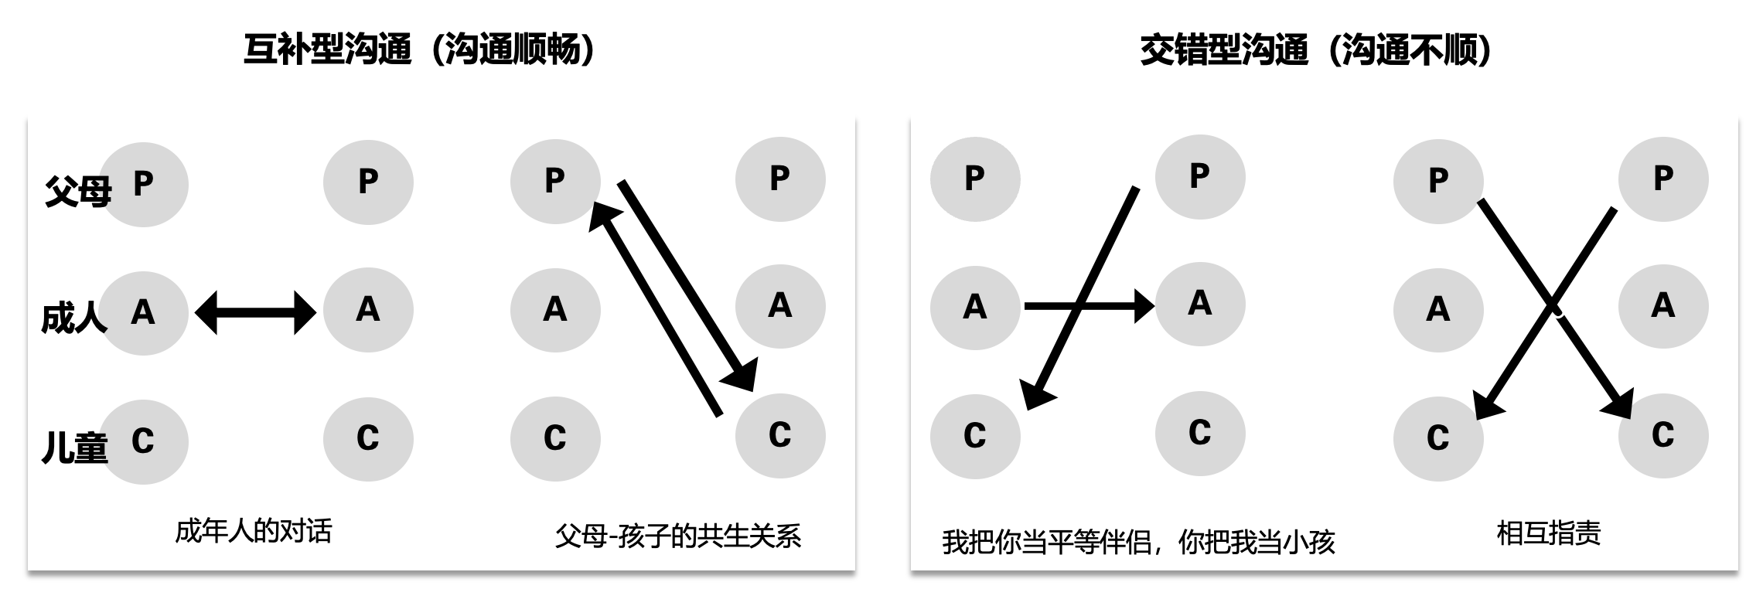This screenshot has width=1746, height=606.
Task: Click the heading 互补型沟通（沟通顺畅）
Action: pos(421,50)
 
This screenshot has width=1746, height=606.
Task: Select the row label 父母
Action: pos(77,191)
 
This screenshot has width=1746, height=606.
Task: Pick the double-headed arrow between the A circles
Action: pos(255,312)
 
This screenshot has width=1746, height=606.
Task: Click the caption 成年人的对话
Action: pos(254,532)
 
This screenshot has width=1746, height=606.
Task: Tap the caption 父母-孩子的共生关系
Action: pos(677,536)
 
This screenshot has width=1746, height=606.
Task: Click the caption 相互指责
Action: pos(1549,533)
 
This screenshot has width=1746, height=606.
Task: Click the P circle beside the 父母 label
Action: pos(144,184)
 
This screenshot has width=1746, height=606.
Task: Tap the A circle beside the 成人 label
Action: pos(144,312)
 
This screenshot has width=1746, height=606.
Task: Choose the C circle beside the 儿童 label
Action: pos(144,441)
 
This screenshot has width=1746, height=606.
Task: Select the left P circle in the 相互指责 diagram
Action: pos(1438,181)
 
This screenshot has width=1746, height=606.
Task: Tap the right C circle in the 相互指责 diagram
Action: pos(1663,435)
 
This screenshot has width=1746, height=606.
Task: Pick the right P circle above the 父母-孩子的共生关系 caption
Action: pos(780,179)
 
